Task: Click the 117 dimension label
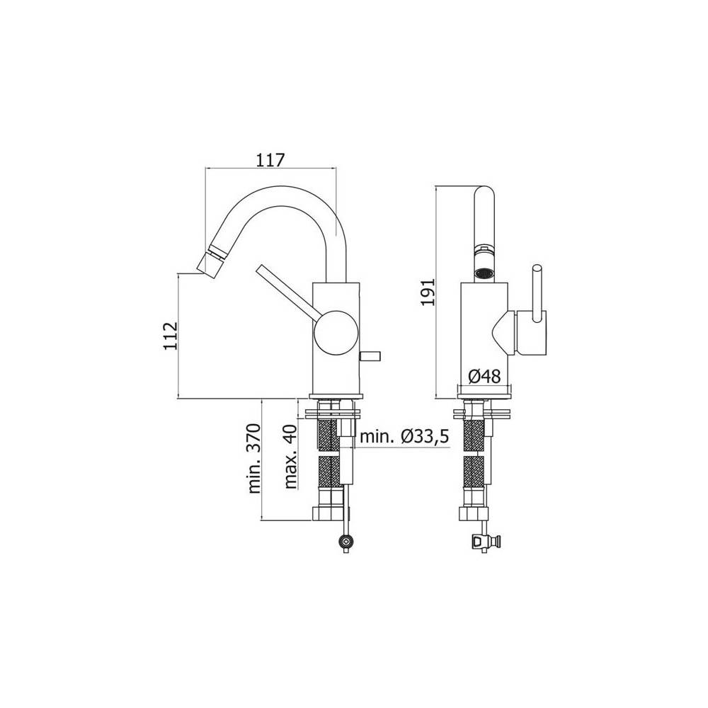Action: (270, 160)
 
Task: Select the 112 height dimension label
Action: (170, 336)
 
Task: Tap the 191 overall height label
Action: (427, 292)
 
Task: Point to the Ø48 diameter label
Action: (484, 376)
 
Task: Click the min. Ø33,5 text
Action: (404, 436)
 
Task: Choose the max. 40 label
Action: (291, 457)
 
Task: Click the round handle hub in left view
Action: (336, 331)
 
